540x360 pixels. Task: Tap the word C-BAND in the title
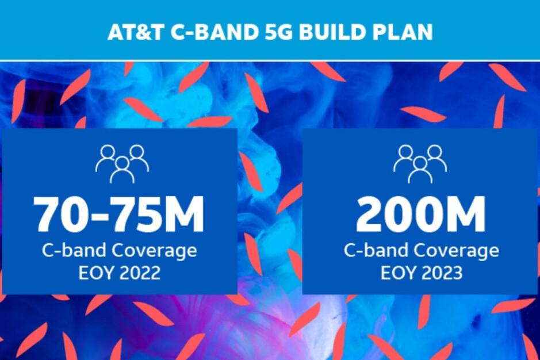tap(215, 32)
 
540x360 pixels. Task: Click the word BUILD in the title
tap(330, 32)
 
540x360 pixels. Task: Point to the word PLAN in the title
tap(400, 32)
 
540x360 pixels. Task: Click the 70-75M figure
tap(119, 215)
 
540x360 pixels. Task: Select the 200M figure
tap(420, 215)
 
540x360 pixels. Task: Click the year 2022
tap(140, 273)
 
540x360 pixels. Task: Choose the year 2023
tap(442, 273)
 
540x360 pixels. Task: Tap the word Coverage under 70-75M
tap(154, 251)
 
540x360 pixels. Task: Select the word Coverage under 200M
tap(456, 251)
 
